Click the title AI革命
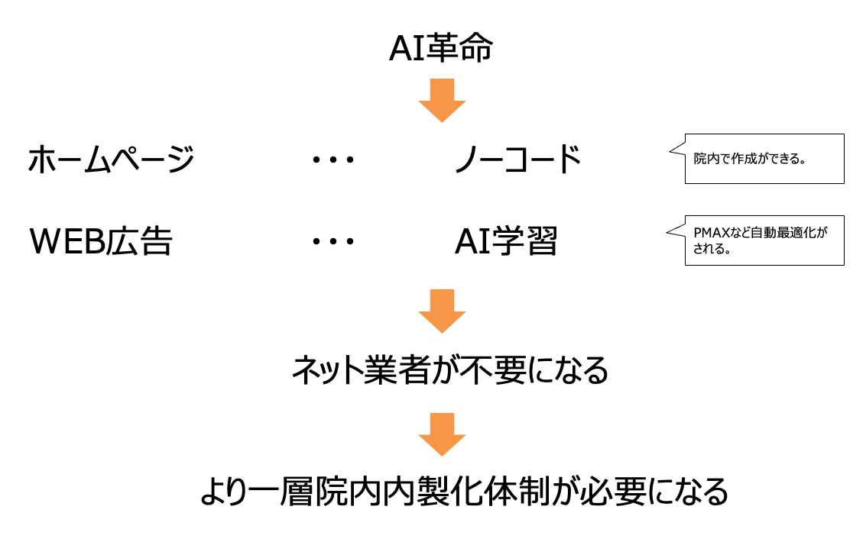442,50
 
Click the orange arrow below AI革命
442,100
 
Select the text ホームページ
111,160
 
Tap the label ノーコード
518,160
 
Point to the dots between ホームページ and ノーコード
334,160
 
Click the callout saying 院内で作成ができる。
764,159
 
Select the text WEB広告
101,242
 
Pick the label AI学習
506,242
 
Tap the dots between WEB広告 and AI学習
334,242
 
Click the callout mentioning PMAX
764,240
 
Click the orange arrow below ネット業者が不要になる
442,434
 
